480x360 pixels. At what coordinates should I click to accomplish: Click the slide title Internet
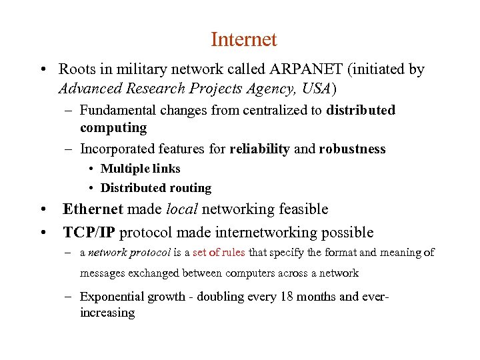pyautogui.click(x=243, y=40)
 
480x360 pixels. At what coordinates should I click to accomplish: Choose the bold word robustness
pyautogui.click(x=352, y=149)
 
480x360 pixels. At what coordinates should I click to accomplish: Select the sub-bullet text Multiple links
pyautogui.click(x=140, y=169)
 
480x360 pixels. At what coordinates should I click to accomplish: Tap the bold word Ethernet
pyautogui.click(x=93, y=209)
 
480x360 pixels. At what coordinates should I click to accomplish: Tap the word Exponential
pyautogui.click(x=111, y=297)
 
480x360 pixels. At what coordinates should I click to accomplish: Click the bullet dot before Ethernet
pyautogui.click(x=43, y=210)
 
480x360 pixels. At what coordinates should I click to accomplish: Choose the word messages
pyautogui.click(x=103, y=273)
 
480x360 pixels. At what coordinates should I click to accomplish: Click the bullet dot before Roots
pyautogui.click(x=43, y=70)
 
